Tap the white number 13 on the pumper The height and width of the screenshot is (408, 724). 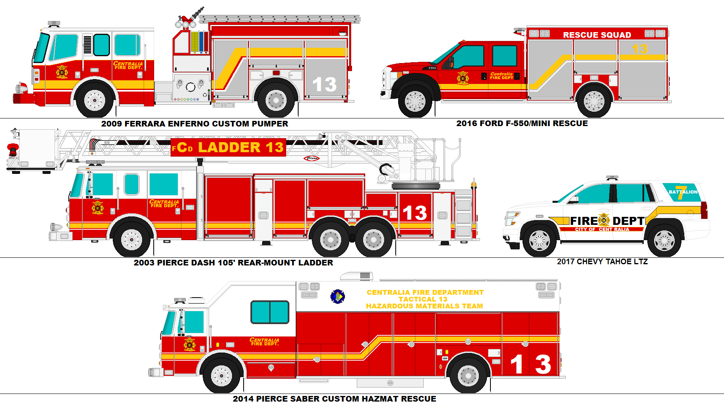324,85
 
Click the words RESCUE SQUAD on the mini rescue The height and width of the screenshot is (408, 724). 597,35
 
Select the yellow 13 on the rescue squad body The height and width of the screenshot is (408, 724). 640,49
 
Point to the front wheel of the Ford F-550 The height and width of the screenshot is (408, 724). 415,101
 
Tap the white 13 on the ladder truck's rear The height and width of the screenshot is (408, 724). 415,213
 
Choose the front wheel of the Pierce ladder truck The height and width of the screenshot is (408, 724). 131,239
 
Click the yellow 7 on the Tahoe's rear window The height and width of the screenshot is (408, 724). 681,192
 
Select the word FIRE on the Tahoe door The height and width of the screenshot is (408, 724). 584,221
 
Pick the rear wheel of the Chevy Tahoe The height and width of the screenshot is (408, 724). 664,240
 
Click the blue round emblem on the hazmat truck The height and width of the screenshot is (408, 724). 338,297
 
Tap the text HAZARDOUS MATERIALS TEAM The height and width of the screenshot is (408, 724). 425,306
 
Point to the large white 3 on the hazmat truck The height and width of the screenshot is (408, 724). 543,364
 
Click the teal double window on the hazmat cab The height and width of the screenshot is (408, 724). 270,312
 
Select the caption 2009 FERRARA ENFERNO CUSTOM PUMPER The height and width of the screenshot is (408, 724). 195,124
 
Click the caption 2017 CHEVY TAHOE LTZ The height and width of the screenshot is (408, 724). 602,261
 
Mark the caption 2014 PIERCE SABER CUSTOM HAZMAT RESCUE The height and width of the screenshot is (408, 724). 334,399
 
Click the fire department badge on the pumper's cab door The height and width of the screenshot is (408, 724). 62,72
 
